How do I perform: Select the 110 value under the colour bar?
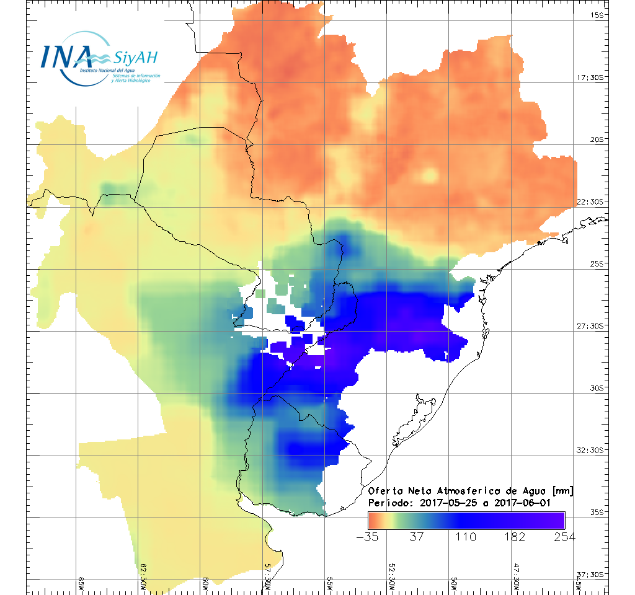point(466,537)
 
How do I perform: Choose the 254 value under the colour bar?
point(564,537)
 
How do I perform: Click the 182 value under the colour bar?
point(515,537)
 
